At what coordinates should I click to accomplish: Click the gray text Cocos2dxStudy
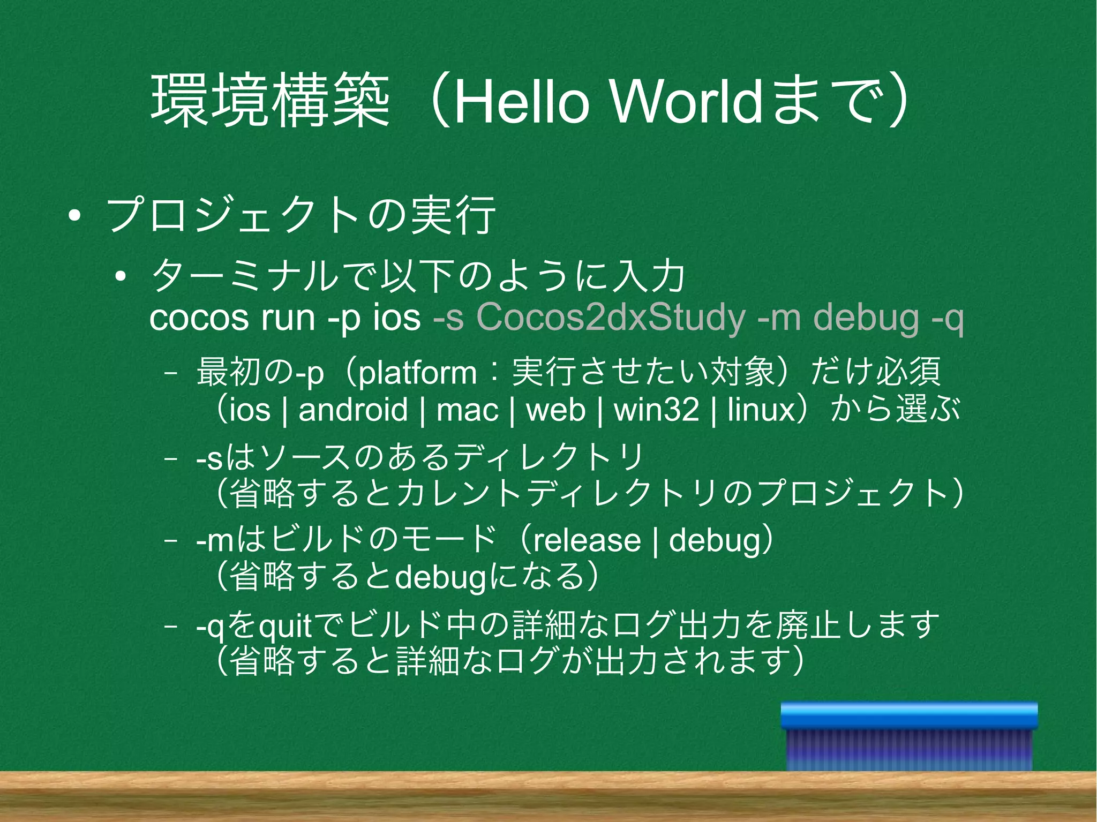(611, 319)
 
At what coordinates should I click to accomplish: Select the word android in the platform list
(353, 411)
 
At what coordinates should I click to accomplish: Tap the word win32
(657, 411)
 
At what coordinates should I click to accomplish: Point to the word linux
(760, 411)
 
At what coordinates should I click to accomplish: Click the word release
(587, 540)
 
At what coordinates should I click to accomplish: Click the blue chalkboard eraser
(908, 736)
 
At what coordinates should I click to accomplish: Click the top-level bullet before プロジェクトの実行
(74, 217)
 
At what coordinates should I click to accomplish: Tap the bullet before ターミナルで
(120, 276)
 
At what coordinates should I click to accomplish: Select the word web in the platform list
(556, 411)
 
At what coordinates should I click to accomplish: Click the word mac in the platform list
(467, 411)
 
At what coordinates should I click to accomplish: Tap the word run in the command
(288, 319)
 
